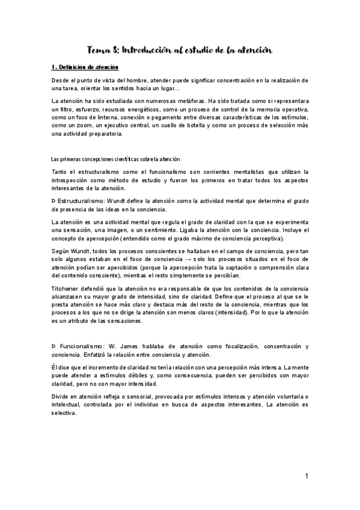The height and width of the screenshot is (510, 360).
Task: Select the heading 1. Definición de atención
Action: pos(85,67)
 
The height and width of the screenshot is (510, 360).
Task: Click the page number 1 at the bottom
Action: pos(306,476)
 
